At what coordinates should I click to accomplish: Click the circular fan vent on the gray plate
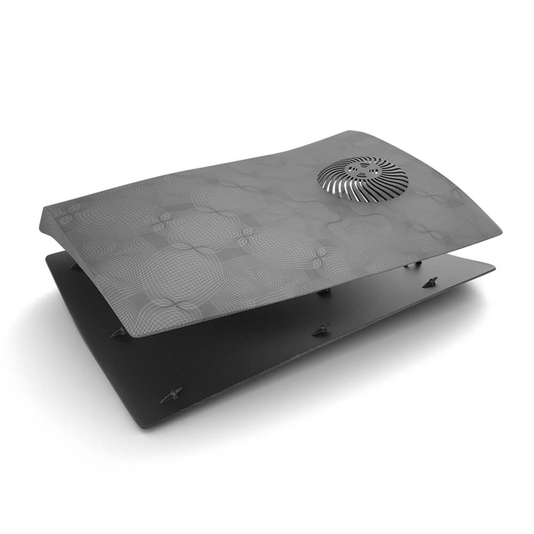click(x=363, y=178)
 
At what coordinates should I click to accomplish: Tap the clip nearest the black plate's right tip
click(x=430, y=282)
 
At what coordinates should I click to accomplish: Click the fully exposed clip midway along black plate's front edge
click(x=321, y=329)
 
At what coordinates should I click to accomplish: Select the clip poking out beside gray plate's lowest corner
click(x=119, y=332)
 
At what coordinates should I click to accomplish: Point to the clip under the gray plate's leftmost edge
click(x=74, y=265)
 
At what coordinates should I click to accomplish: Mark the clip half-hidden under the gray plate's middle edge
click(x=323, y=292)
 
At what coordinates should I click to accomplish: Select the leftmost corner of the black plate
click(x=47, y=255)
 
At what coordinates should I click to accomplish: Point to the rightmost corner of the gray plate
click(x=500, y=233)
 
